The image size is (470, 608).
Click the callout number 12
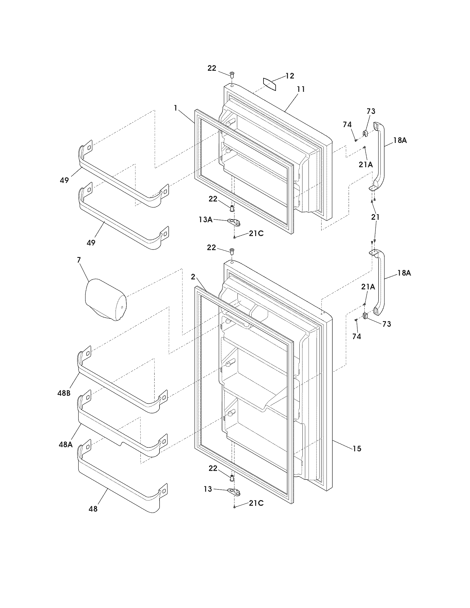(290, 76)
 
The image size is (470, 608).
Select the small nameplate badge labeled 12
(270, 84)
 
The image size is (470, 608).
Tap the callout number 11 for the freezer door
(301, 89)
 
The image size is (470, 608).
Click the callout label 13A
(206, 220)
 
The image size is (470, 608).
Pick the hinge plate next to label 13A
(234, 222)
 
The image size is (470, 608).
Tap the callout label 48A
(66, 445)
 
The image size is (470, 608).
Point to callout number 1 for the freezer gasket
(175, 108)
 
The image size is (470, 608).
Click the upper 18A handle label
(400, 140)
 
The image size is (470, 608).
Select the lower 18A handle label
(404, 273)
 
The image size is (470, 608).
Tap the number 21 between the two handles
(375, 217)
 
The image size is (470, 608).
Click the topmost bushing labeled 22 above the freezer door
(232, 75)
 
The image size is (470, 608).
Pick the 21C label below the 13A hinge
(256, 234)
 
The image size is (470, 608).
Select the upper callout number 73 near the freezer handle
(371, 111)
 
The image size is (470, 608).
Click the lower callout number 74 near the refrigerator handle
(357, 337)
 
